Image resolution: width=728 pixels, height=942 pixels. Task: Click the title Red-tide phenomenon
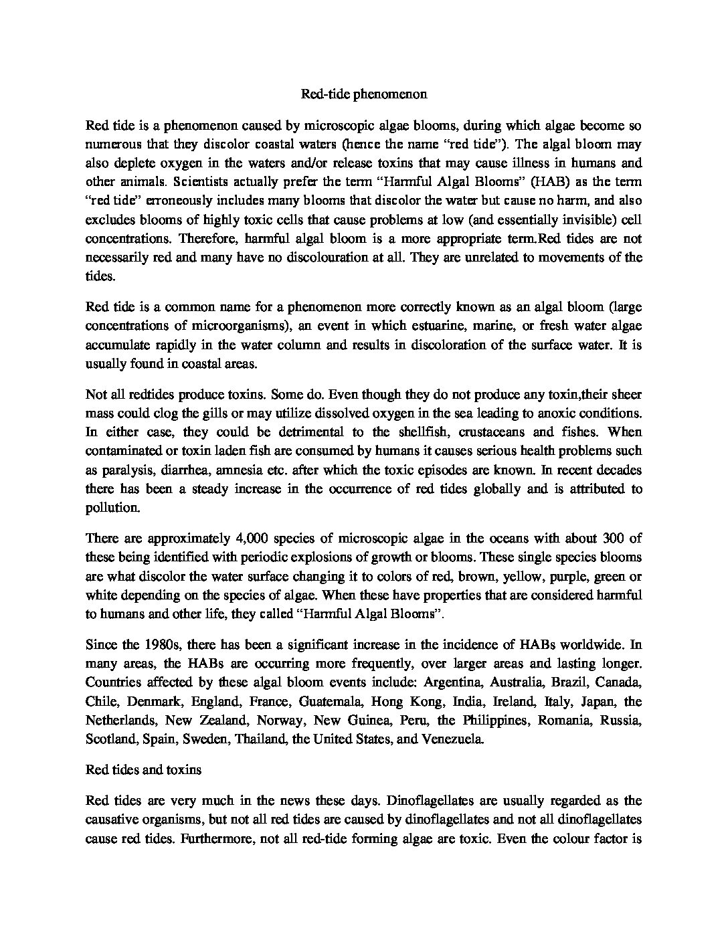[x=363, y=94]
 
